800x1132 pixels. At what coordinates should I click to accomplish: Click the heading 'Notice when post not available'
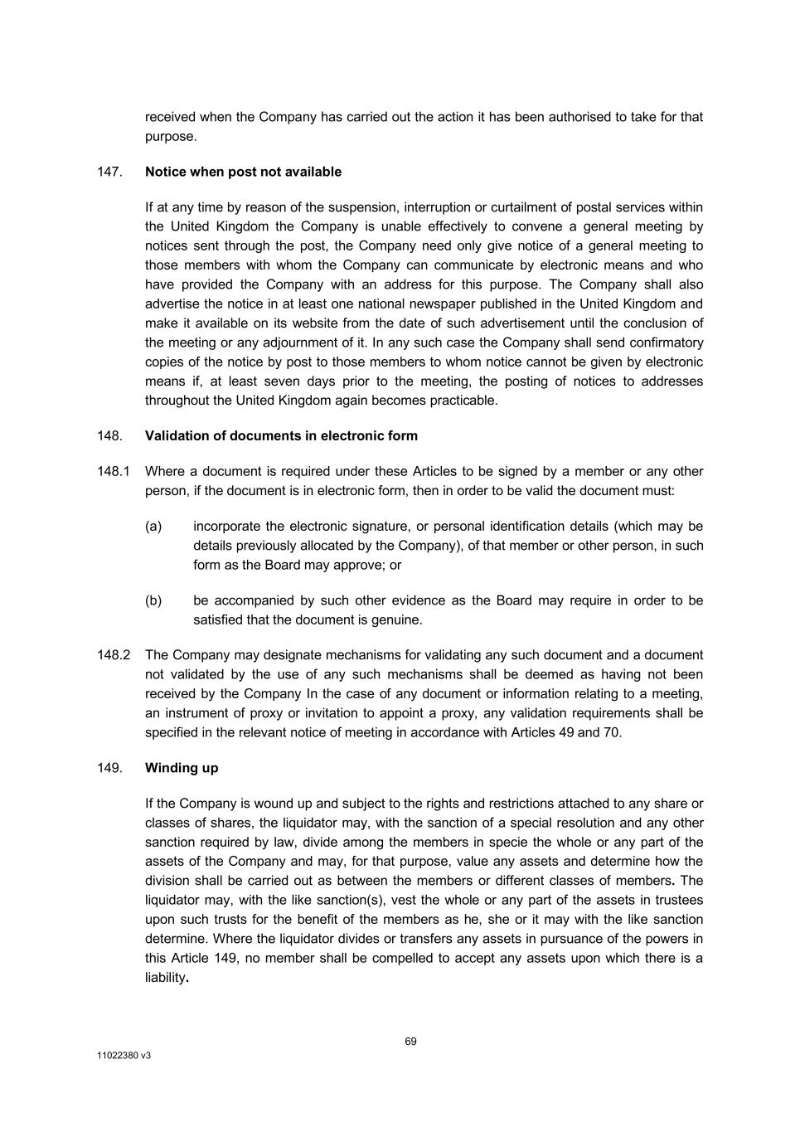tap(243, 172)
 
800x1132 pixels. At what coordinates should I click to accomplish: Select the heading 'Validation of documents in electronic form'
tap(281, 435)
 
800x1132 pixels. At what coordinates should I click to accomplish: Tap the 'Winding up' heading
tap(182, 768)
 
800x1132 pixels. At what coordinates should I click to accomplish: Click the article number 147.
tap(109, 172)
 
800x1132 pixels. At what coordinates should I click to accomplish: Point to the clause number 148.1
tap(114, 471)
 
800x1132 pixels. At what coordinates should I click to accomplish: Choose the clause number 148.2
tap(114, 655)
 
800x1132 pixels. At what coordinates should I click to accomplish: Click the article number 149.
tap(109, 768)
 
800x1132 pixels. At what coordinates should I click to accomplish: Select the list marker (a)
tap(153, 527)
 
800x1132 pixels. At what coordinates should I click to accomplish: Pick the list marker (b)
tap(153, 600)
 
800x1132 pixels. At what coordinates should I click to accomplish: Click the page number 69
tap(411, 1042)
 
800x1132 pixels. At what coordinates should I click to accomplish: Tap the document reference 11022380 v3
tap(124, 1057)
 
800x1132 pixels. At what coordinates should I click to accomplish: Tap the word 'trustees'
tap(676, 900)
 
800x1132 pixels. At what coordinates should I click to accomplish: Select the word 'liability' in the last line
tap(165, 978)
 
